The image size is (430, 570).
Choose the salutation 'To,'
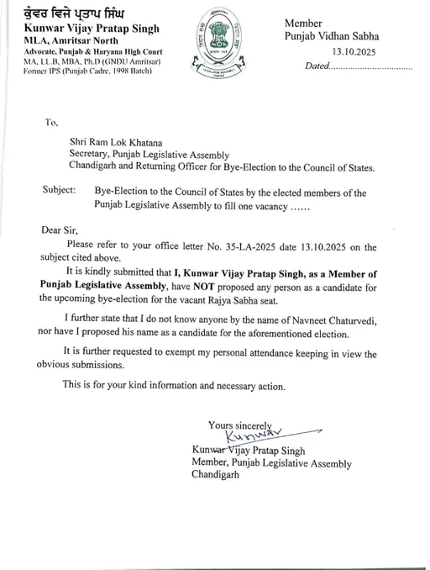(x=53, y=122)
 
